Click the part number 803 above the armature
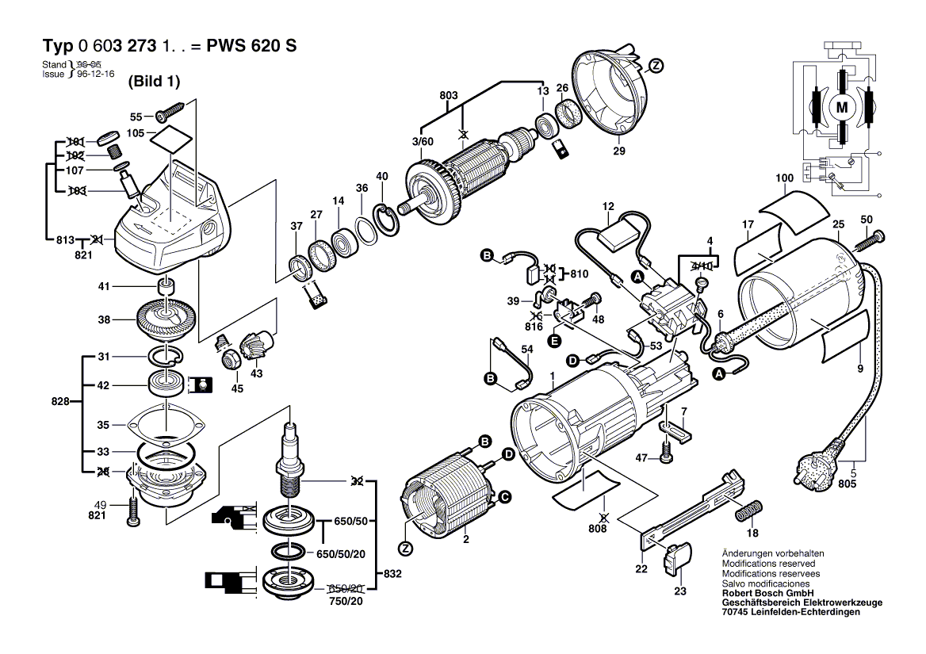click(x=448, y=96)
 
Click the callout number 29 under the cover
click(x=618, y=151)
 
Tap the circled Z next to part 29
click(x=655, y=66)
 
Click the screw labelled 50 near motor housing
click(x=871, y=237)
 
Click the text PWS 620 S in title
click(x=251, y=45)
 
